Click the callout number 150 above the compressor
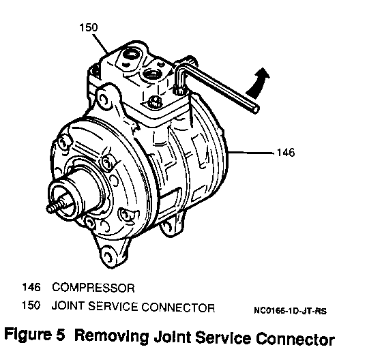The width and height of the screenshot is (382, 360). (89, 27)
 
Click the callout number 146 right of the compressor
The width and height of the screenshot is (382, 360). (286, 153)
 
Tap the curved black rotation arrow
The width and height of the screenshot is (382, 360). (259, 82)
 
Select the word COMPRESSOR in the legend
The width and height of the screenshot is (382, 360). (93, 288)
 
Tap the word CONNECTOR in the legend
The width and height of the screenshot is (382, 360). (178, 307)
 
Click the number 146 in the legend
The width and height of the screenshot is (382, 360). (31, 287)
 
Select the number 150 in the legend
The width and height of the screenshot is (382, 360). (31, 305)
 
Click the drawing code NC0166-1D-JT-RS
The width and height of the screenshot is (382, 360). (290, 311)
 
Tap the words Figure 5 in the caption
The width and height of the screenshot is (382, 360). (35, 334)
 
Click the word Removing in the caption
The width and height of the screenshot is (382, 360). (111, 336)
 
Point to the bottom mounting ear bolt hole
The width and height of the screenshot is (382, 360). (108, 256)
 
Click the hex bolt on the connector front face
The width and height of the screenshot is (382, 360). (155, 102)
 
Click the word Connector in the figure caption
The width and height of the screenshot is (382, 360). (295, 339)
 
